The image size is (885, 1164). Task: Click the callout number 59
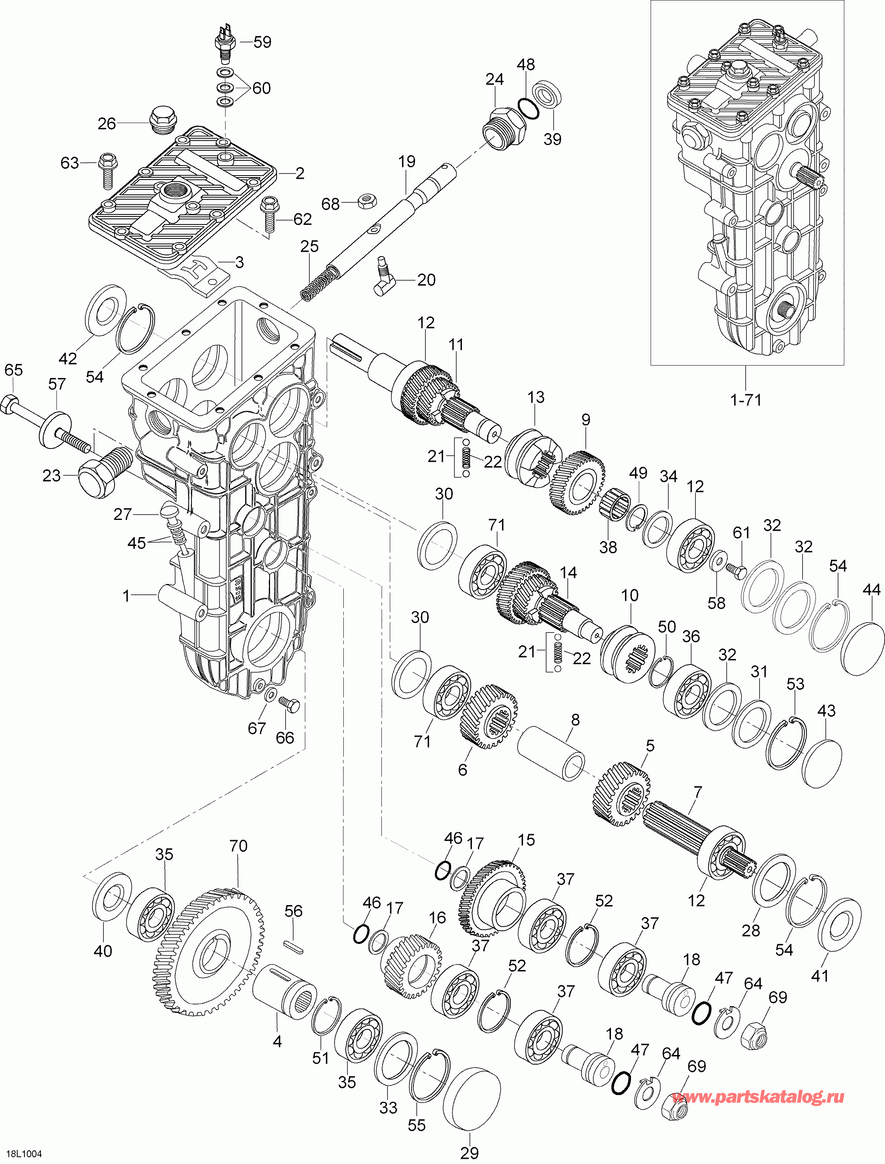[262, 42]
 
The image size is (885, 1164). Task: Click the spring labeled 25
[318, 282]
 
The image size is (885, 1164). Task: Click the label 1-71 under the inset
[746, 400]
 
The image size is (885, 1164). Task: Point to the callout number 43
[826, 711]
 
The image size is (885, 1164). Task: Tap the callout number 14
[568, 573]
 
